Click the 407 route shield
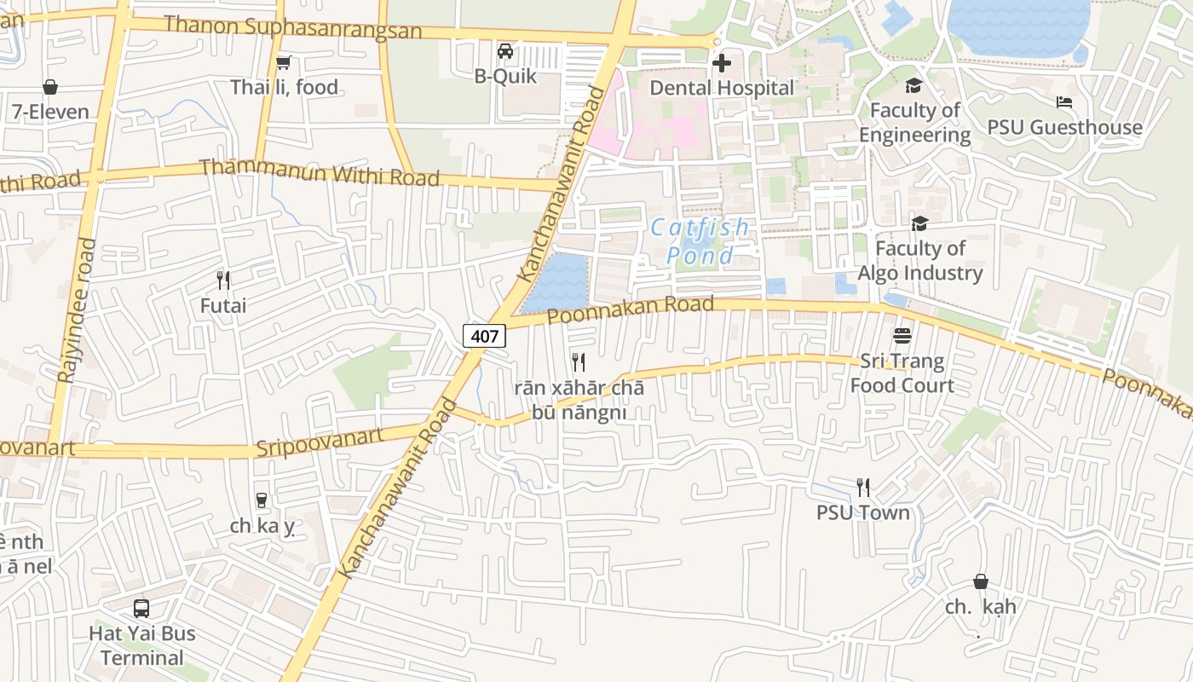[x=484, y=336]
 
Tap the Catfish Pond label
[x=700, y=241]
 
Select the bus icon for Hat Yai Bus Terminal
[x=141, y=609]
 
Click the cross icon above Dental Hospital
[x=721, y=63]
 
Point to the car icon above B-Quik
[x=505, y=51]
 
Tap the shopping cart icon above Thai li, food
[x=284, y=62]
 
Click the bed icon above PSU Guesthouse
[x=1064, y=102]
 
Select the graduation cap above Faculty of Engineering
[x=913, y=85]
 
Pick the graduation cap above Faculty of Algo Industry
[x=919, y=223]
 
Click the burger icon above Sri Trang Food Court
[x=902, y=336]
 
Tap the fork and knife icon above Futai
[x=223, y=280]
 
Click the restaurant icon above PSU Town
[x=863, y=488]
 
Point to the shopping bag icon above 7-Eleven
[x=50, y=87]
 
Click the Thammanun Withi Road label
[x=320, y=172]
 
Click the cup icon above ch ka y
[x=262, y=500]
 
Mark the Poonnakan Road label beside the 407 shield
[x=630, y=310]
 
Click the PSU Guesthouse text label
[x=1064, y=128]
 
